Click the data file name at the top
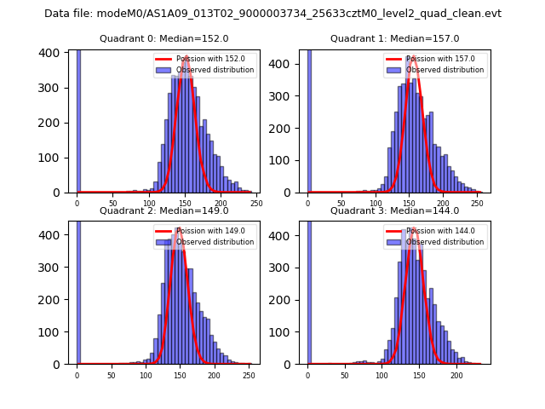(272, 14)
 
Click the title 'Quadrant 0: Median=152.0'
(164, 38)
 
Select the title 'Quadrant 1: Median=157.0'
(394, 38)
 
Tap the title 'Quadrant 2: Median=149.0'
(164, 210)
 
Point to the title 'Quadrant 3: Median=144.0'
(394, 210)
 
